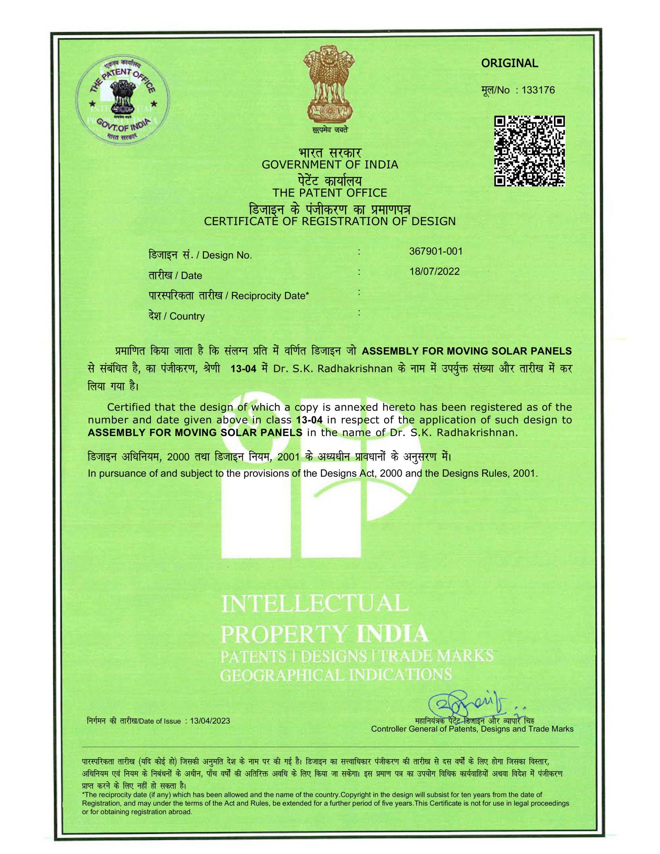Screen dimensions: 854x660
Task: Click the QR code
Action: click(x=529, y=150)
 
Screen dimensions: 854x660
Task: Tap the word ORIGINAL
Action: click(x=510, y=63)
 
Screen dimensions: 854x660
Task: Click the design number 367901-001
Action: click(x=435, y=251)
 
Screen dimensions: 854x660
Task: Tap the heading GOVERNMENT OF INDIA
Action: click(x=330, y=164)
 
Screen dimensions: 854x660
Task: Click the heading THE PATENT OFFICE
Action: click(x=330, y=193)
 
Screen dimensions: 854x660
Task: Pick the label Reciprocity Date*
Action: click(x=270, y=296)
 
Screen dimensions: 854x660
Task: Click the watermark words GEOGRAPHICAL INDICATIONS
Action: click(x=336, y=675)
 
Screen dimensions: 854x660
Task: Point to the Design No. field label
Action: click(x=227, y=256)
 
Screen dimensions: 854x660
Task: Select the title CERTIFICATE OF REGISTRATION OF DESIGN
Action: click(x=330, y=221)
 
